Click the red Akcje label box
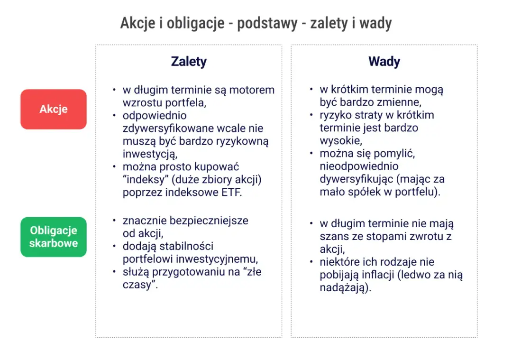pos(54,109)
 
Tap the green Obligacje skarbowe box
pos(54,237)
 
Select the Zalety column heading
pos(189,62)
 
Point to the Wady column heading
pos(384,62)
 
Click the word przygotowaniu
pos(195,272)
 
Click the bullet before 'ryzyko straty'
pos(311,115)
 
